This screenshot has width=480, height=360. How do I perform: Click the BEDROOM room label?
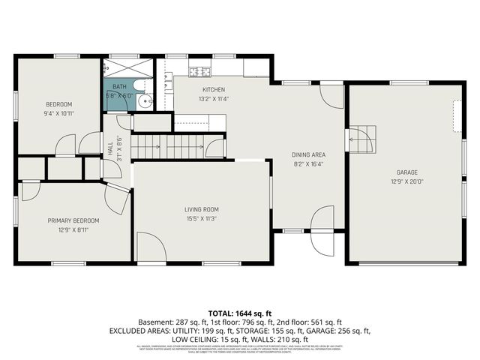(x=58, y=103)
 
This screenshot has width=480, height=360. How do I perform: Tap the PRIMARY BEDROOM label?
(x=73, y=220)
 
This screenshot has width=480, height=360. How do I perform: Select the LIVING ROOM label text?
(x=201, y=209)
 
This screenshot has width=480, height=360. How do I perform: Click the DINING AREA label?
(x=308, y=155)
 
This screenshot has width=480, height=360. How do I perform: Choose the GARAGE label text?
(x=406, y=172)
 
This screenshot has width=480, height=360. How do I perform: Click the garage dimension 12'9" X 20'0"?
(x=406, y=181)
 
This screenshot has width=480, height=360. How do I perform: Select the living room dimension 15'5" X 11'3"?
(x=201, y=219)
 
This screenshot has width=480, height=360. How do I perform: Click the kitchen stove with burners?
(x=199, y=72)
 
